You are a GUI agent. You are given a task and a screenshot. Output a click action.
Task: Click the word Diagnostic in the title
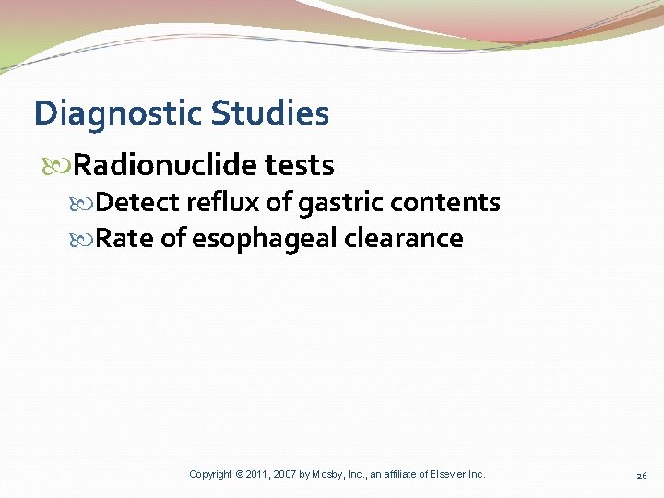point(118,114)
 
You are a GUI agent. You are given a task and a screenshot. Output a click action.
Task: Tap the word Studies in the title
point(270,114)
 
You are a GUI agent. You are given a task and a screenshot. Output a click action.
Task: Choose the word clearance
point(404,239)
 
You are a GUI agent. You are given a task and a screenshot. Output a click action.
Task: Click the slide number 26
point(641,475)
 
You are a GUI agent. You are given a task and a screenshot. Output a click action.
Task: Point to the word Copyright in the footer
point(210,474)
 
